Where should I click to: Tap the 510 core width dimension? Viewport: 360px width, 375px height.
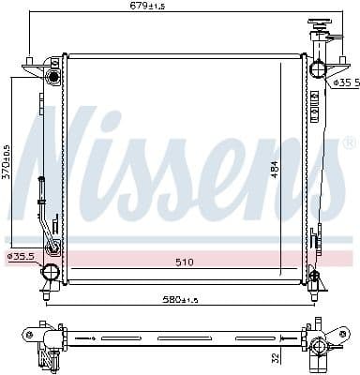184,262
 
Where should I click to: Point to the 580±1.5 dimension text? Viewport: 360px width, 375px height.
178,299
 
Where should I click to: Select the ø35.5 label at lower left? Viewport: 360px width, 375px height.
20,255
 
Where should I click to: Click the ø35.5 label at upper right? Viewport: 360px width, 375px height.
346,82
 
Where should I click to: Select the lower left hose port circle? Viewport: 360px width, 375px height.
50,272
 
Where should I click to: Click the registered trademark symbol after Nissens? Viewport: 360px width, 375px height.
348,143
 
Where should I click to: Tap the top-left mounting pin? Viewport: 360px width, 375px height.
29,62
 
